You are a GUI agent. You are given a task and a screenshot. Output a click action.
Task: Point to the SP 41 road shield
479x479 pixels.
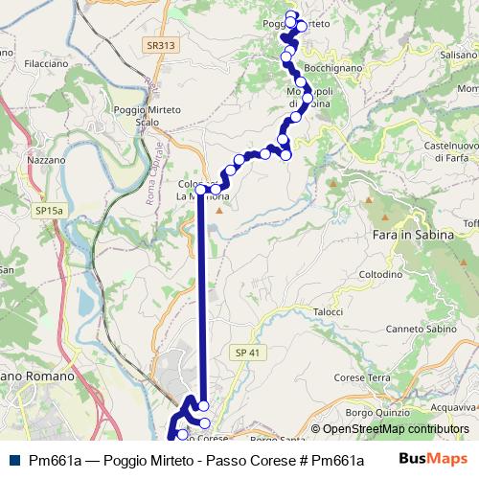point(247,353)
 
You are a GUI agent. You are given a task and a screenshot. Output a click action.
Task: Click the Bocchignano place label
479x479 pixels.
point(331,69)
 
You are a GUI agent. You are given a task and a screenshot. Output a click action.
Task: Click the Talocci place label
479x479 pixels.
point(328,311)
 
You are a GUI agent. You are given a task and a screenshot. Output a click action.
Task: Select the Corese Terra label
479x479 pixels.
point(365,378)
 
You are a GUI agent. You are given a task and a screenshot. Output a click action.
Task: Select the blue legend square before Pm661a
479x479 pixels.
point(11,460)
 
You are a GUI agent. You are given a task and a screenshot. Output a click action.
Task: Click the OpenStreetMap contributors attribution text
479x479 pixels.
point(390,430)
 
